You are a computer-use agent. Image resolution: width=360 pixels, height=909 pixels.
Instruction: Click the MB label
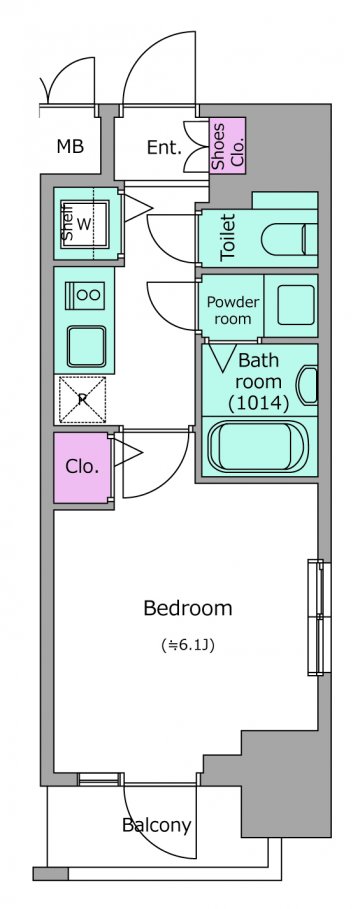[x=70, y=147]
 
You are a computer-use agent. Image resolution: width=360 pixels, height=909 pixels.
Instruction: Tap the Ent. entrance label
[x=164, y=148]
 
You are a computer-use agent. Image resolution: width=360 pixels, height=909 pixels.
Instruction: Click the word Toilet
[x=228, y=237]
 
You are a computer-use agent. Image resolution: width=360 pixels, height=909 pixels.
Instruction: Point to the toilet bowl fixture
[x=289, y=238]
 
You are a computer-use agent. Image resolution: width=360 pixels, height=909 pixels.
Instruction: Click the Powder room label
[x=232, y=310]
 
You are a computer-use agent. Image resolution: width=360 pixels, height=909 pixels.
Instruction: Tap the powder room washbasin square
[x=296, y=304]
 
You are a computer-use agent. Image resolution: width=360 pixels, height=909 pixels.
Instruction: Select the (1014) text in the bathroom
[x=258, y=403]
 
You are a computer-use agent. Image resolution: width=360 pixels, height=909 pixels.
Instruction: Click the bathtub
[x=259, y=445]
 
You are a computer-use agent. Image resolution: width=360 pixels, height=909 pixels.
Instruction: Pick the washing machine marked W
[x=85, y=224]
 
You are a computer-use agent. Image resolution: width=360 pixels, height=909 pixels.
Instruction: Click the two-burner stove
[x=86, y=294]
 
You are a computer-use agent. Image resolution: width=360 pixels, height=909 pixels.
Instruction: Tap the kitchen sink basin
[x=86, y=346]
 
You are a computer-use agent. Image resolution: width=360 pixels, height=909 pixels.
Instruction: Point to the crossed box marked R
[x=83, y=399]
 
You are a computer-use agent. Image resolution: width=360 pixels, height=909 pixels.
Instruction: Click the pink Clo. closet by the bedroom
[x=82, y=467]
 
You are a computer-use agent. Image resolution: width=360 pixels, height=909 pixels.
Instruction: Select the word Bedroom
[x=188, y=608]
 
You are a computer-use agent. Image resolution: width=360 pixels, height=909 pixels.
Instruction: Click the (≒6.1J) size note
[x=188, y=645]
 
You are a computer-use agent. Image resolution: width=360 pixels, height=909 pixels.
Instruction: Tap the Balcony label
[x=157, y=824]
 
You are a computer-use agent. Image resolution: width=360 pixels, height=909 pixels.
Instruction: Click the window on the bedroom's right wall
[x=319, y=617]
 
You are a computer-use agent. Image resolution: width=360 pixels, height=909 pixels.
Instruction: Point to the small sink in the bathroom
[x=308, y=385]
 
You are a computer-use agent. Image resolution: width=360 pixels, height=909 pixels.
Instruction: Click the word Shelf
[x=67, y=223]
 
